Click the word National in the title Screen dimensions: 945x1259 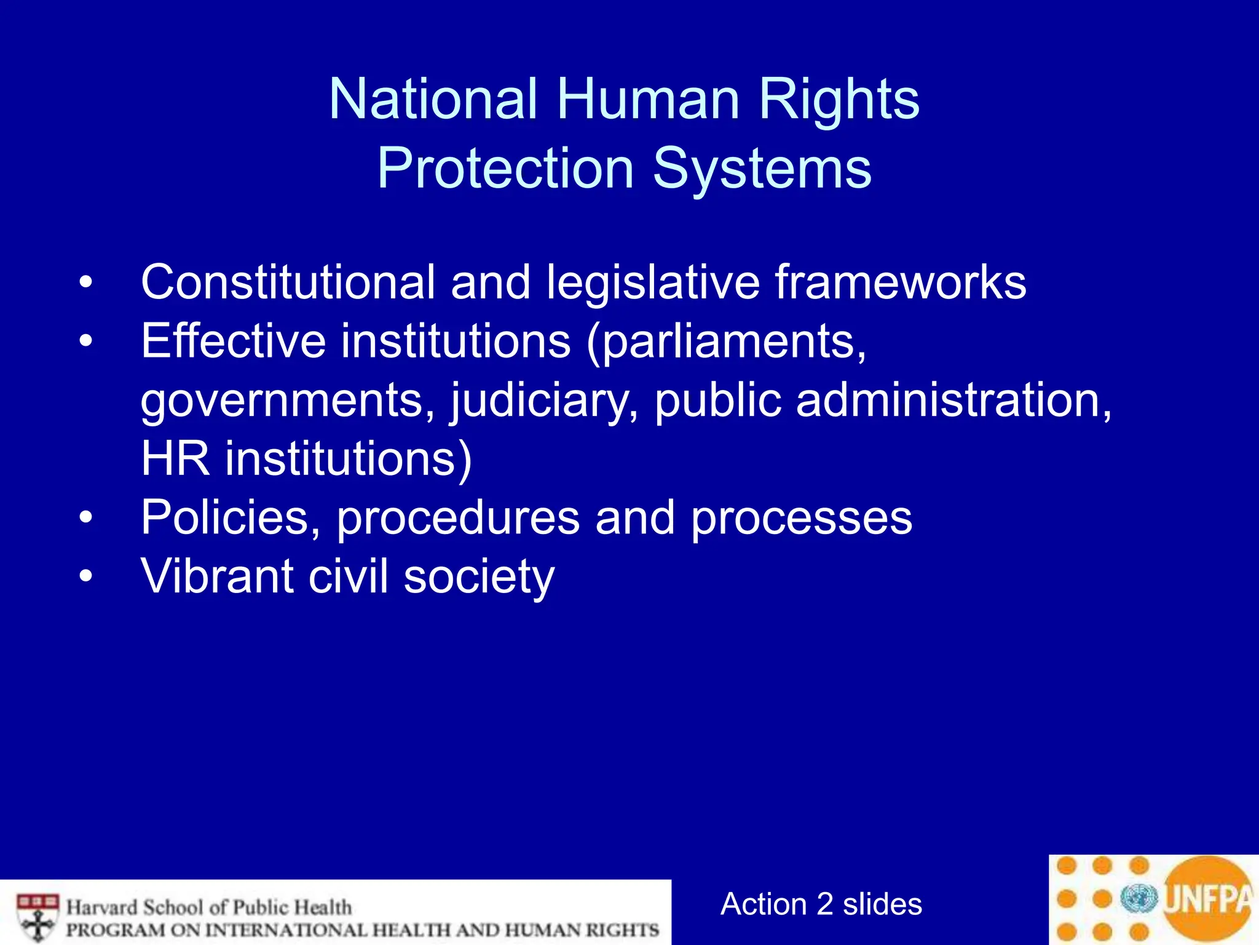pyautogui.click(x=433, y=100)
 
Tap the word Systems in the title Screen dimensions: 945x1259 pyautogui.click(x=762, y=169)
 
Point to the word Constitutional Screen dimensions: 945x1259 pyautogui.click(x=288, y=282)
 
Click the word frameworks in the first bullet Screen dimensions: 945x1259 pyautogui.click(x=900, y=282)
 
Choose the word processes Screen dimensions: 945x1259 pyautogui.click(x=802, y=518)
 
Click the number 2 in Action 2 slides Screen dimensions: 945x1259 pyautogui.click(x=825, y=904)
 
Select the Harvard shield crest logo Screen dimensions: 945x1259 pyautogui.click(x=38, y=915)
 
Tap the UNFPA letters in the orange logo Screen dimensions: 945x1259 pyautogui.click(x=1208, y=899)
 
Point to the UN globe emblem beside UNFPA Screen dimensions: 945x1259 pyautogui.click(x=1139, y=899)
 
